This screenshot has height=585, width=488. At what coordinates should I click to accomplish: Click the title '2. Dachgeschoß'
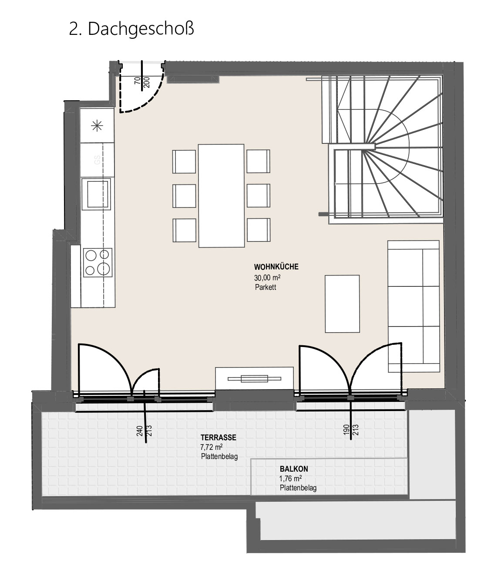point(131,29)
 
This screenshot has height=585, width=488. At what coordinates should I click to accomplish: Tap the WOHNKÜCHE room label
point(276,266)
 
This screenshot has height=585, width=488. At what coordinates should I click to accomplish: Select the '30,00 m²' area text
point(267,277)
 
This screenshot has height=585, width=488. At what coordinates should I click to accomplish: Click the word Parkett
point(265,287)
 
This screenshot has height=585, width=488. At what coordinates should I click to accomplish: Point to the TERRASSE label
point(218,437)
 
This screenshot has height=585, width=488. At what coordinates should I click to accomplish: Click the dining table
point(221,196)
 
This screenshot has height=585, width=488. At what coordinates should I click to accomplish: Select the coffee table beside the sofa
point(342,304)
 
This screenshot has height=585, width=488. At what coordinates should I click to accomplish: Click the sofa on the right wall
point(413,306)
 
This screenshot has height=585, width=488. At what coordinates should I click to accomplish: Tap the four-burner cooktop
point(98,262)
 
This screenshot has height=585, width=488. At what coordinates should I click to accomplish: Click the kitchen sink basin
point(98,194)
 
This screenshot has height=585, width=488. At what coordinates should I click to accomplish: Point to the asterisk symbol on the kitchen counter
point(97,126)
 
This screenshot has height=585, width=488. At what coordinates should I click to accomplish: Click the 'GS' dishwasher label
point(97,160)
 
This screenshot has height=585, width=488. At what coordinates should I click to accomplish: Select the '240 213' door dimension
point(144,431)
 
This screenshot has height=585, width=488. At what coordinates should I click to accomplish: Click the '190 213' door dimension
point(351,430)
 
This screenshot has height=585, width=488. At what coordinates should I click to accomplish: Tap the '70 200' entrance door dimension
point(142,82)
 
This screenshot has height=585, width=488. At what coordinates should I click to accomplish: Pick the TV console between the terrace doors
point(254,378)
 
